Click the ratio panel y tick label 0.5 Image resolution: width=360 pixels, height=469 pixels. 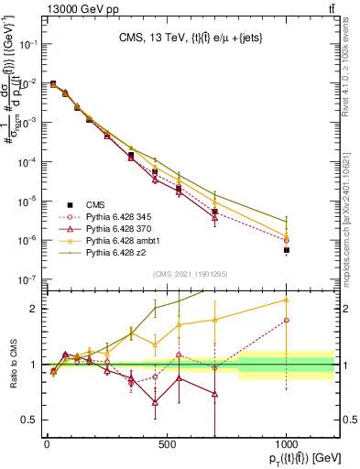pyautogui.click(x=31, y=420)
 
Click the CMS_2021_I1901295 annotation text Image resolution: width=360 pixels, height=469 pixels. pyautogui.click(x=191, y=274)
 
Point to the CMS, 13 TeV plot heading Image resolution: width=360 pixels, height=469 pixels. pyautogui.click(x=191, y=38)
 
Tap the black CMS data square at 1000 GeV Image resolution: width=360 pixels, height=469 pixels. pyautogui.click(x=287, y=249)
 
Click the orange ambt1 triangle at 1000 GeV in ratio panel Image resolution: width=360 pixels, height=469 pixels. pyautogui.click(x=287, y=300)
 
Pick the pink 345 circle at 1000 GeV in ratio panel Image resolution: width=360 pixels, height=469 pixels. pyautogui.click(x=287, y=321)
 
